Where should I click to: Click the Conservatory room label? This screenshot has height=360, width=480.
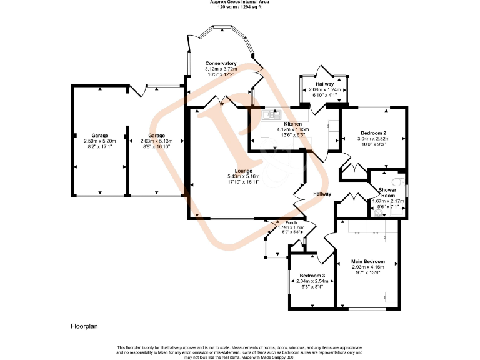[221, 63]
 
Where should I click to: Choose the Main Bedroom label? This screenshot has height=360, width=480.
[367, 261]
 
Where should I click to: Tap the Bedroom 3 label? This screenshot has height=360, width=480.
[311, 276]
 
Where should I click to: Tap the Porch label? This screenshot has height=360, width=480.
[291, 222]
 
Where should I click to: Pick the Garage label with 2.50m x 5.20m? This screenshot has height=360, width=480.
[100, 136]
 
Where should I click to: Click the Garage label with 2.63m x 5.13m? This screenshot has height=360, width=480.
[156, 136]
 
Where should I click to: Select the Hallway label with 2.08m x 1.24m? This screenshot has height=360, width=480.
[324, 84]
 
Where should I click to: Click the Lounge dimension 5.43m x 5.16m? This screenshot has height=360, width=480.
[244, 177]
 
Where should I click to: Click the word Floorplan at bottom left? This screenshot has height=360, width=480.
[84, 326]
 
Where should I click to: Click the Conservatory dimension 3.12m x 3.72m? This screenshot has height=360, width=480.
[221, 69]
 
